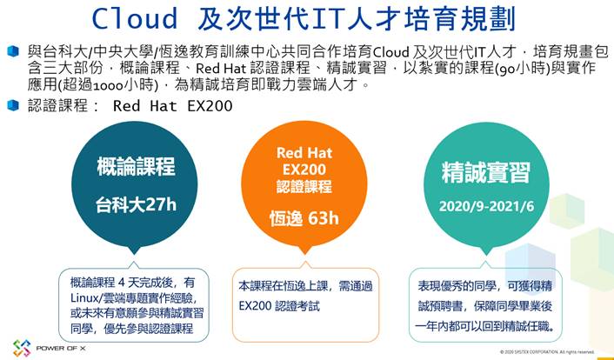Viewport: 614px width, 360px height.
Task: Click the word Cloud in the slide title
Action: click(135, 18)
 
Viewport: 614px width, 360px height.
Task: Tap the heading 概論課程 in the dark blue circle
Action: click(136, 166)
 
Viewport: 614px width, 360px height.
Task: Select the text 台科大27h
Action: click(136, 205)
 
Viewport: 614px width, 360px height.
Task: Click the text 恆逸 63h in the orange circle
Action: click(304, 218)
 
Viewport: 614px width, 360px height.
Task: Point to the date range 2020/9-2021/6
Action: click(486, 206)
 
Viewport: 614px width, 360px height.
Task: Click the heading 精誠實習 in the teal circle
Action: click(486, 172)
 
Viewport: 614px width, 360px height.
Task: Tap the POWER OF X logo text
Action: click(61, 348)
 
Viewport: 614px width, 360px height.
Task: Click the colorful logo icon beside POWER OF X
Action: click(22, 348)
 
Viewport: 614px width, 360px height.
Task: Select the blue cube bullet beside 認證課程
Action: click(13, 105)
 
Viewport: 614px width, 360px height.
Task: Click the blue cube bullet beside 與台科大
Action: click(13, 51)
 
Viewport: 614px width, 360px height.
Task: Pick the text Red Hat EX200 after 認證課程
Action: click(173, 106)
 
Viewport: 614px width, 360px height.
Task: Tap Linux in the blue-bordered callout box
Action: click(80, 298)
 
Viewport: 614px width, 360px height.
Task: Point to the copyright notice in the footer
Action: click(547, 352)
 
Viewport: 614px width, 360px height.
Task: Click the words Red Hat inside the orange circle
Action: click(304, 152)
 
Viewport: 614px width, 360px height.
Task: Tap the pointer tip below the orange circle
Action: click(304, 254)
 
